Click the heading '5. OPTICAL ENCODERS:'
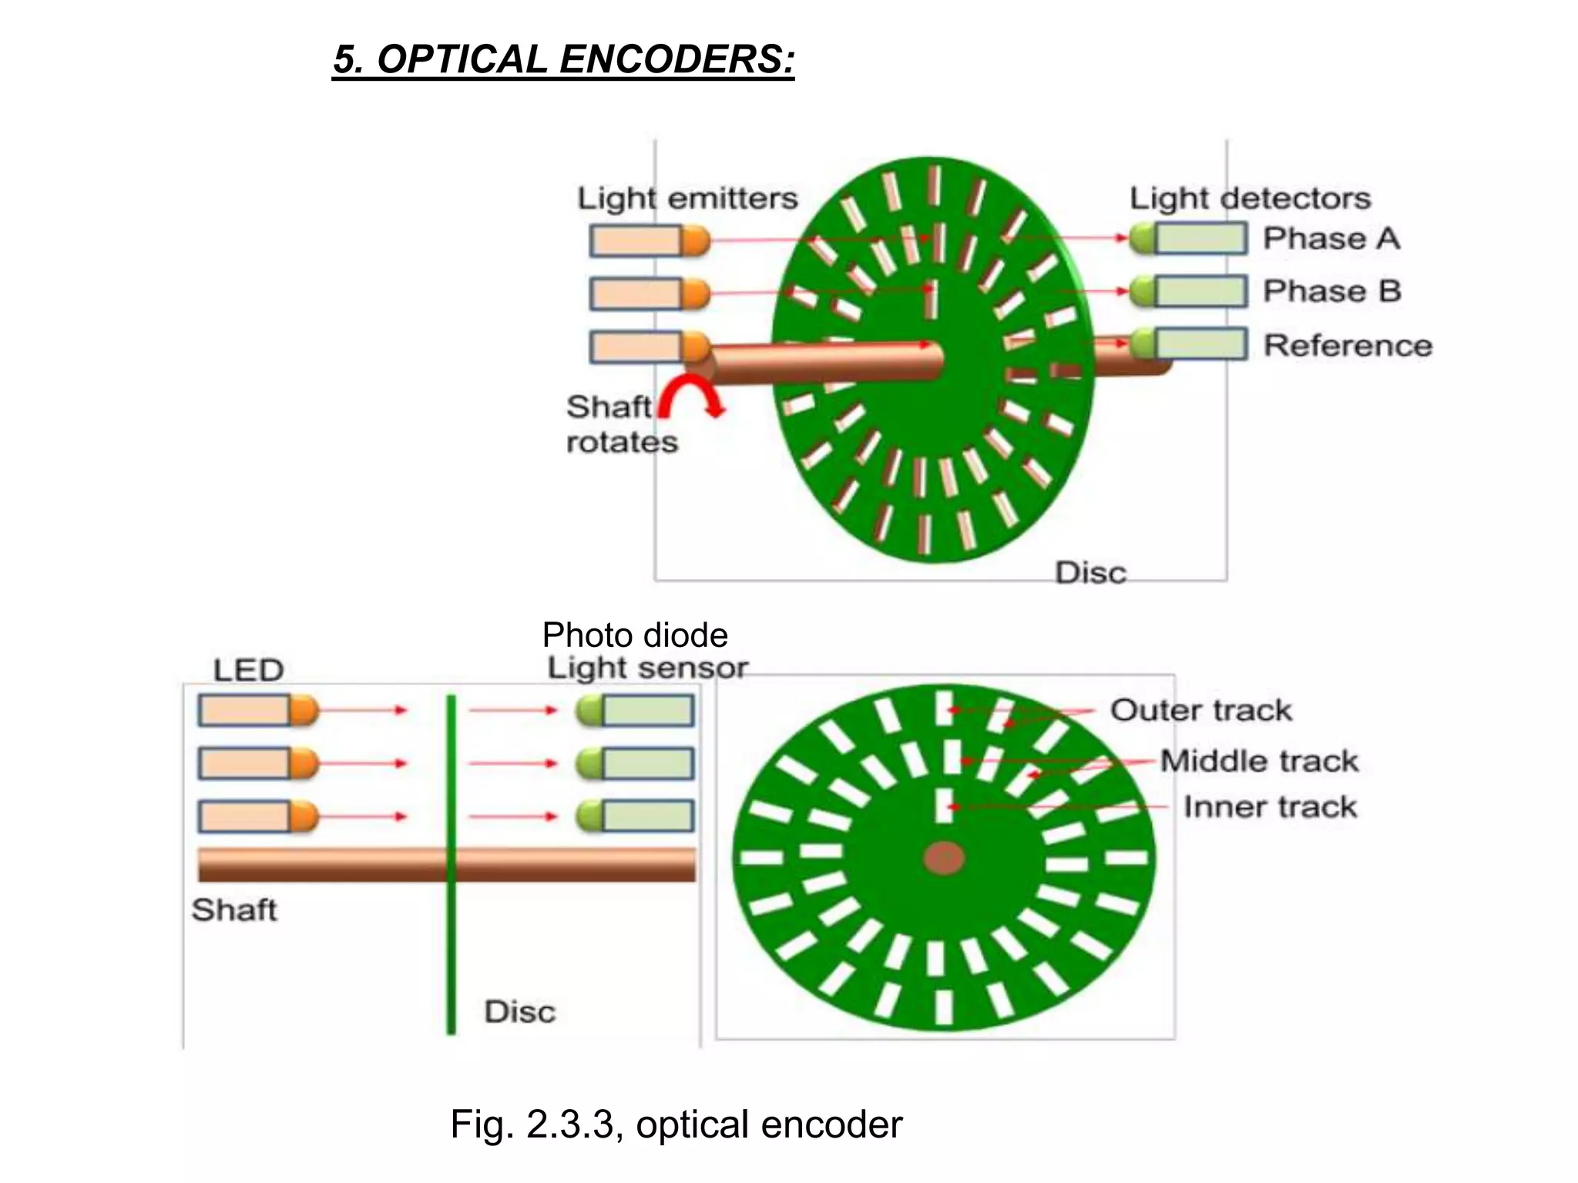563,59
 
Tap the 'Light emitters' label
687,199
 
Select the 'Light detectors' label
1250,199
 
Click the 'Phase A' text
1331,239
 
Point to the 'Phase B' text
1331,292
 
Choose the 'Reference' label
1348,346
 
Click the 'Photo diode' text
635,635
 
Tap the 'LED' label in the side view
248,670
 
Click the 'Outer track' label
1200,710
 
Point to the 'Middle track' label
1259,761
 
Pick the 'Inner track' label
1270,807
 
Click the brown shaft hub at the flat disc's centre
945,857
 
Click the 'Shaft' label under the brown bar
233,910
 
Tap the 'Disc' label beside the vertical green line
519,1012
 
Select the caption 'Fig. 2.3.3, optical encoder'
676,1124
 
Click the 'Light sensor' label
647,668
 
